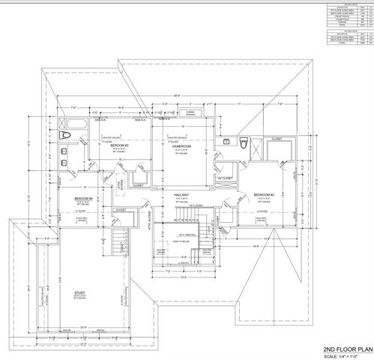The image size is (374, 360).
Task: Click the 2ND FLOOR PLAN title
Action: (x=347, y=349)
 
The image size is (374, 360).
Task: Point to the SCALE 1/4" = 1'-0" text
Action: (x=347, y=355)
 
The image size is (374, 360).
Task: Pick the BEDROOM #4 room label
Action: (x=82, y=199)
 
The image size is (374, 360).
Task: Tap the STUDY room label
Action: (x=79, y=293)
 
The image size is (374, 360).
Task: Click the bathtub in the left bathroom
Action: (x=64, y=136)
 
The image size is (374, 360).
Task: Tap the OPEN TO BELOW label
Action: (x=181, y=241)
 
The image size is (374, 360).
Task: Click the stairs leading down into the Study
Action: (x=118, y=241)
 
